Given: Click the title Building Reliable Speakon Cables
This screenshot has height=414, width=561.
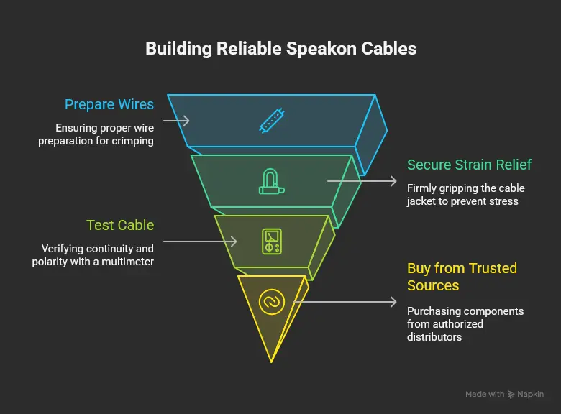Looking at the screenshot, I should [x=280, y=49].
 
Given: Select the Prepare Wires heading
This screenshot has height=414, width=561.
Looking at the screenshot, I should [x=109, y=104].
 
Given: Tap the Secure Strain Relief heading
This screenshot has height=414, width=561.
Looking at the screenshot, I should [x=469, y=165].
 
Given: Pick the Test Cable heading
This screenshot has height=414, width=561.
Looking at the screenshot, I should [x=120, y=225].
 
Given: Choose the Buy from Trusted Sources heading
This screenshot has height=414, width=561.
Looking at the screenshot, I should [x=462, y=277].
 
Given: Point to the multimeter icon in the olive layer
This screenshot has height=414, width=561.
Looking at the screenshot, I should [x=271, y=241].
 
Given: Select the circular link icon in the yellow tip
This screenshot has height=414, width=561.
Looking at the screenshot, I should [x=272, y=301].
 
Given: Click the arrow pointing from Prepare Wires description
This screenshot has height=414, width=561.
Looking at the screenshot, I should [x=176, y=121].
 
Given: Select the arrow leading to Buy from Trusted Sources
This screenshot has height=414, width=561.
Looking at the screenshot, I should [x=345, y=302].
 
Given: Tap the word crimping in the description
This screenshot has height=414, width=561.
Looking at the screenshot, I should [x=132, y=141].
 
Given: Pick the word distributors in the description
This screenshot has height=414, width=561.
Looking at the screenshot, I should [x=434, y=336].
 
